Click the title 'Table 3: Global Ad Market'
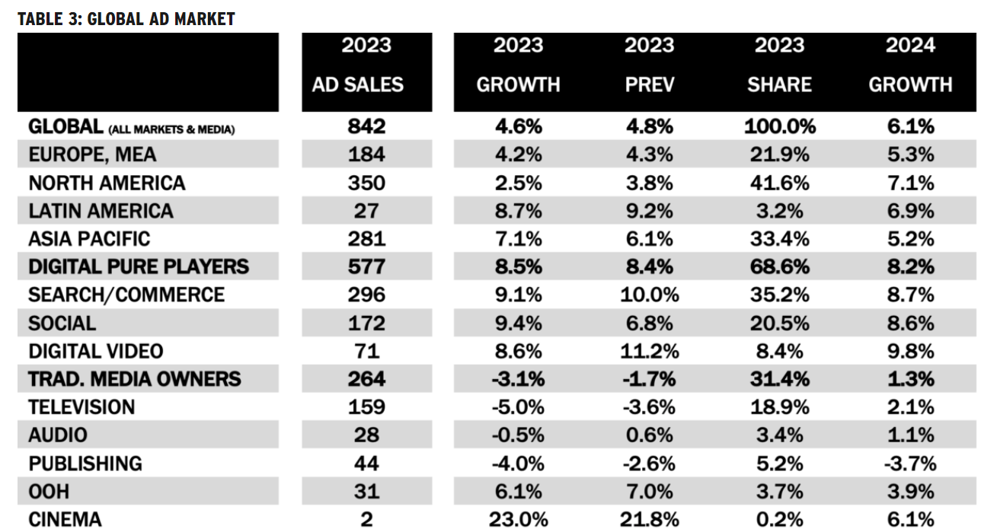[x=126, y=19]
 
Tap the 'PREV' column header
[x=649, y=84]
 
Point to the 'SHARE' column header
[x=779, y=84]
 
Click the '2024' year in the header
[x=909, y=46]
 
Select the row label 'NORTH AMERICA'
[x=107, y=183]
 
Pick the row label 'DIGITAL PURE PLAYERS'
[x=139, y=266]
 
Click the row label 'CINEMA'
[x=65, y=520]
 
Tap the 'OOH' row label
[x=50, y=492]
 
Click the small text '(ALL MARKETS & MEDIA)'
[x=171, y=129]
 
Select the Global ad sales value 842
[x=366, y=126]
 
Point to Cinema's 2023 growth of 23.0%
[x=518, y=520]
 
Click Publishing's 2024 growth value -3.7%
[x=909, y=464]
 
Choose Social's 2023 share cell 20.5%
[x=779, y=323]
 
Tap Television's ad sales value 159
[x=366, y=407]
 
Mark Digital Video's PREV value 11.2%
[x=649, y=351]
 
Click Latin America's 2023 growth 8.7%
[x=518, y=211]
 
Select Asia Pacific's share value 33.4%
[x=779, y=239]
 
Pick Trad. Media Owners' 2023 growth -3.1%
[x=518, y=379]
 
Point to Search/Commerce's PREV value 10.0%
[x=649, y=295]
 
